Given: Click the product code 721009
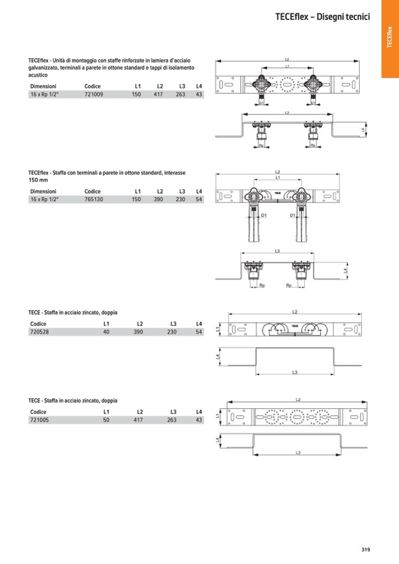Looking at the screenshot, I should (x=94, y=94).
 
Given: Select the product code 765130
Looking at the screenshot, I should (x=94, y=200).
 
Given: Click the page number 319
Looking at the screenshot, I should (x=365, y=550).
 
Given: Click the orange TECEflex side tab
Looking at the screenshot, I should (x=390, y=38).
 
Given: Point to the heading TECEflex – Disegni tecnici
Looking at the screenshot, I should (x=322, y=17).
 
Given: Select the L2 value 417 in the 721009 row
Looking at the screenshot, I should (x=158, y=94).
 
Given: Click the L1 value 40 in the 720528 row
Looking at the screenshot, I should (x=107, y=332).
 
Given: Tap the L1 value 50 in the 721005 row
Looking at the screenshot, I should (x=107, y=421).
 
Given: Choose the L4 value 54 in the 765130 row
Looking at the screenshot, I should (x=199, y=200).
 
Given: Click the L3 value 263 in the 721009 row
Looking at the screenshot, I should (x=180, y=94).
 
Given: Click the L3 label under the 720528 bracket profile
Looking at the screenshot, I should (x=295, y=372).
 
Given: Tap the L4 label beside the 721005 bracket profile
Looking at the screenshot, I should (x=218, y=440).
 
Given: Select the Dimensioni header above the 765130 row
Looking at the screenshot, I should (x=43, y=192).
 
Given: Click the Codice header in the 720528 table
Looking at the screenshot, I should (x=38, y=324).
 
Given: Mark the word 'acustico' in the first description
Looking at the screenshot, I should (x=38, y=75).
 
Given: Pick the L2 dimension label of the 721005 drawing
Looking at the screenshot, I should (x=298, y=400).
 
